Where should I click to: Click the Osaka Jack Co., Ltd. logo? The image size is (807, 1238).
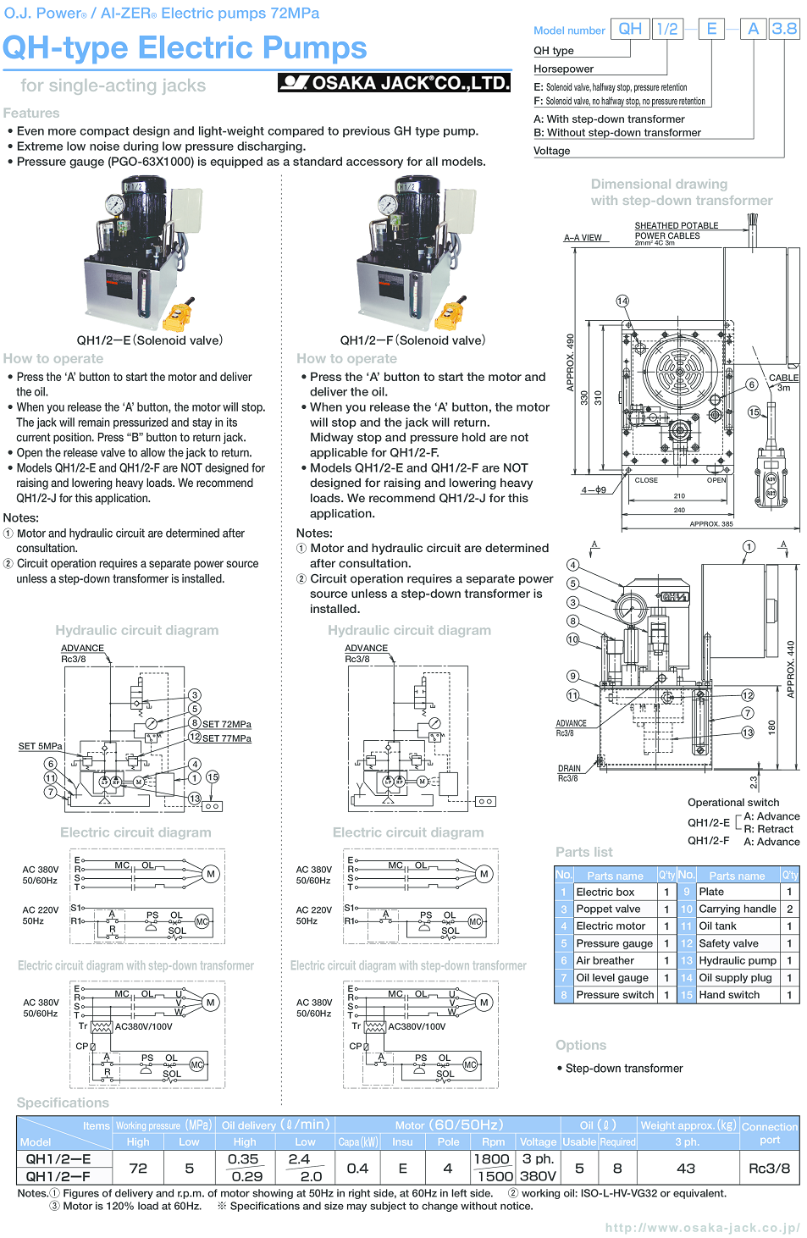point(394,82)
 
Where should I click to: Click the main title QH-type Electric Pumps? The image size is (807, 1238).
point(185,48)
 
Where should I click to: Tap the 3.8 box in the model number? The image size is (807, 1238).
point(784,29)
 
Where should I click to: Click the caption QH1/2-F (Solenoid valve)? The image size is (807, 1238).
point(412,340)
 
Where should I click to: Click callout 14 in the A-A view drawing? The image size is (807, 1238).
point(622,301)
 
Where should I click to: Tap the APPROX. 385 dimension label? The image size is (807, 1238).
point(710,524)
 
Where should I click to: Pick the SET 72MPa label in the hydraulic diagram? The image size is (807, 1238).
point(226,724)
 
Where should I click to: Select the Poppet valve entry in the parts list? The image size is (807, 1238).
point(608,909)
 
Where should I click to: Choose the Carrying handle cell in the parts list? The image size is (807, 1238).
point(737,909)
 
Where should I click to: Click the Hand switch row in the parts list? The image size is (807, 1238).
point(729,995)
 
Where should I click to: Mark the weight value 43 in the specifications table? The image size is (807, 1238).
point(686,1168)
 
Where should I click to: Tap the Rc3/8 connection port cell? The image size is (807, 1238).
point(769,1168)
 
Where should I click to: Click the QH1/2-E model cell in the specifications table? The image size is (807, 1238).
point(58,1159)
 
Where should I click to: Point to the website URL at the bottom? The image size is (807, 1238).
point(702,1227)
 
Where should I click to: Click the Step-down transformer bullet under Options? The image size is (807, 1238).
point(623,1069)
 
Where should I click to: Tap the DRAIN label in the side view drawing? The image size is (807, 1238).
point(569,769)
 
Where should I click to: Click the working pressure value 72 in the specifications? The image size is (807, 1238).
point(138,1168)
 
